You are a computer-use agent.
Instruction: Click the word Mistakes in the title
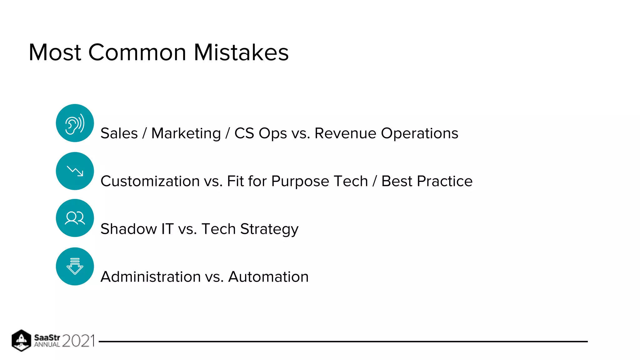pos(241,52)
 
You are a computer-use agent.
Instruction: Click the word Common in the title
pos(137,52)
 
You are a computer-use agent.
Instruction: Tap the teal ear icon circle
pos(75,123)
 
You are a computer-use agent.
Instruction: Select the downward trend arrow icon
pos(75,171)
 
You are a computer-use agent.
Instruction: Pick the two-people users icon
pos(75,218)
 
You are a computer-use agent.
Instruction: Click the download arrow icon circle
pos(75,266)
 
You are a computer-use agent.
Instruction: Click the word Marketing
pos(186,133)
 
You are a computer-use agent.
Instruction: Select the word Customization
pos(150,181)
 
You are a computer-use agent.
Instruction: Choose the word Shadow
pos(128,229)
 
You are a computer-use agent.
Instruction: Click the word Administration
pos(150,277)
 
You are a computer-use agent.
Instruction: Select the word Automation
pos(268,277)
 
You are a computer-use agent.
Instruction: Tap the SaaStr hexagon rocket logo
pos(21,340)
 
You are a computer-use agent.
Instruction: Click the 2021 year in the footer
pos(78,341)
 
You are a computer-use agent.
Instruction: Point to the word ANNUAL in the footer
pos(47,345)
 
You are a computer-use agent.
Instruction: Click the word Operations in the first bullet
pos(419,134)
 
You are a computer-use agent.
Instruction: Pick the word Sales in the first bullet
pos(119,133)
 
